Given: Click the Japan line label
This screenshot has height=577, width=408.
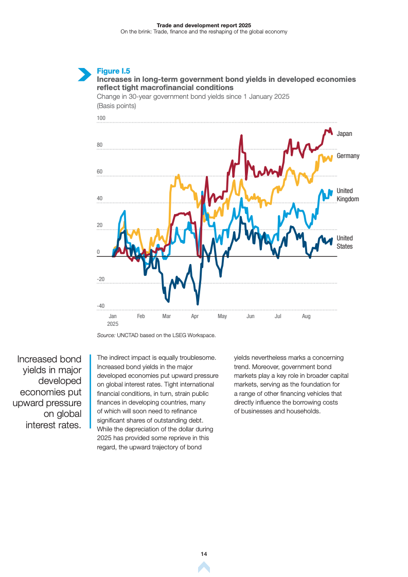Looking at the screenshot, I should pos(344,134).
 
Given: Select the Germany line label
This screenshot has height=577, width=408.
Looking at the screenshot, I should pos(348,156).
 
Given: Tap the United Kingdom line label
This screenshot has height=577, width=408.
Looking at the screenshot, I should pos(347,195).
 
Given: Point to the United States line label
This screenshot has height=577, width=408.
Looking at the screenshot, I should pos(345,242).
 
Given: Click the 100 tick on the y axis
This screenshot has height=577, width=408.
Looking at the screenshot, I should pos(101,118).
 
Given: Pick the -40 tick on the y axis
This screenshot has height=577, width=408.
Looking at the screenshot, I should pos(101,306).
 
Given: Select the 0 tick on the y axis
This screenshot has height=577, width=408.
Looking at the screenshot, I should pos(98,252).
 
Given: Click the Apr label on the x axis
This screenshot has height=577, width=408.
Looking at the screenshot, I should pos(195,316).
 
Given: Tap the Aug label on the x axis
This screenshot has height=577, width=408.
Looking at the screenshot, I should pos(306,316).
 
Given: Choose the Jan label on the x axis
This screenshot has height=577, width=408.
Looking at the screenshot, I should pos(113,316).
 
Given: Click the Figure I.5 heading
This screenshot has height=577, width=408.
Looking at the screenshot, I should pos(114,71).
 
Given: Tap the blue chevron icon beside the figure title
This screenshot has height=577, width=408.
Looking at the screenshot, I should pos(84,74).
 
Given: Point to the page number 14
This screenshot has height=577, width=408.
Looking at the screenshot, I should pos(204,554).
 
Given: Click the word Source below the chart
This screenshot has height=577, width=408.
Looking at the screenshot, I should pos(105,335).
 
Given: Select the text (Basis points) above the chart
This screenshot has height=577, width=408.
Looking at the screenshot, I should pos(116,106).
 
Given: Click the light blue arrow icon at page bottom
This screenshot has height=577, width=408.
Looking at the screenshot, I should pos(204,567).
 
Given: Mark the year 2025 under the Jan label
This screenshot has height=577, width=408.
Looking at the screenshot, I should pos(113,324).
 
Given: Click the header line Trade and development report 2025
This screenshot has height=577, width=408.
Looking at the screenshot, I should pos(204,25).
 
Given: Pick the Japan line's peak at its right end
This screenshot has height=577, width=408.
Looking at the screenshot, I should pos(330,129).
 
